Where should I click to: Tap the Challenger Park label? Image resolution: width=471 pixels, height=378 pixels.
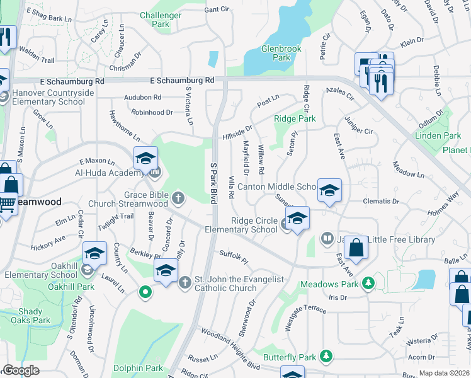(x=161, y=20)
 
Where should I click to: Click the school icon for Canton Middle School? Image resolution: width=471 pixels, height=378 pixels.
(x=329, y=190)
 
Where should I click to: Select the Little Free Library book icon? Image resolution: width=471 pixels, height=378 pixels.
(x=327, y=238)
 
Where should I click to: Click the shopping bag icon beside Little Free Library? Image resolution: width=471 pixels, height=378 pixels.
(x=356, y=248)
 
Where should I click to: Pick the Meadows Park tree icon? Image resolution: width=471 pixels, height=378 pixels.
(x=372, y=284)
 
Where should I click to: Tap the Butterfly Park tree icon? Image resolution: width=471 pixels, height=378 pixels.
(x=326, y=357)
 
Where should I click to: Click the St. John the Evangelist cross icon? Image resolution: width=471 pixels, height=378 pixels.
(x=185, y=283)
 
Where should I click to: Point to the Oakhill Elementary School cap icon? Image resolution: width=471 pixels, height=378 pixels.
(x=94, y=253)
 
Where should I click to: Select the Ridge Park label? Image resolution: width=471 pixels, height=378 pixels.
(x=295, y=118)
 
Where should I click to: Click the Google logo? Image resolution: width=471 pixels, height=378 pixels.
(x=21, y=370)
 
